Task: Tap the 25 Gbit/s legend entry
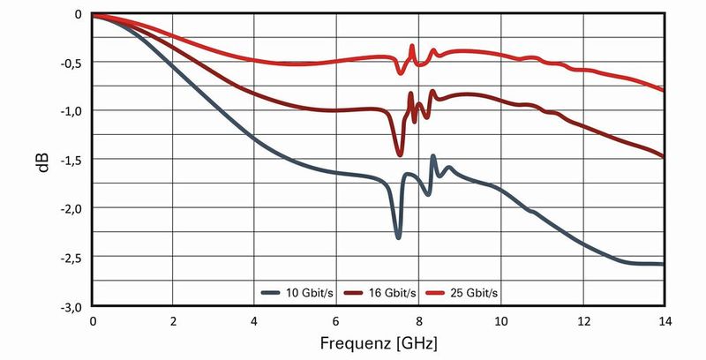click(465, 291)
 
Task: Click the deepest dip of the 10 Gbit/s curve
click(399, 237)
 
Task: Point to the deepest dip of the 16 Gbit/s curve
click(400, 154)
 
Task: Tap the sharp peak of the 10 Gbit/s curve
click(433, 156)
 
